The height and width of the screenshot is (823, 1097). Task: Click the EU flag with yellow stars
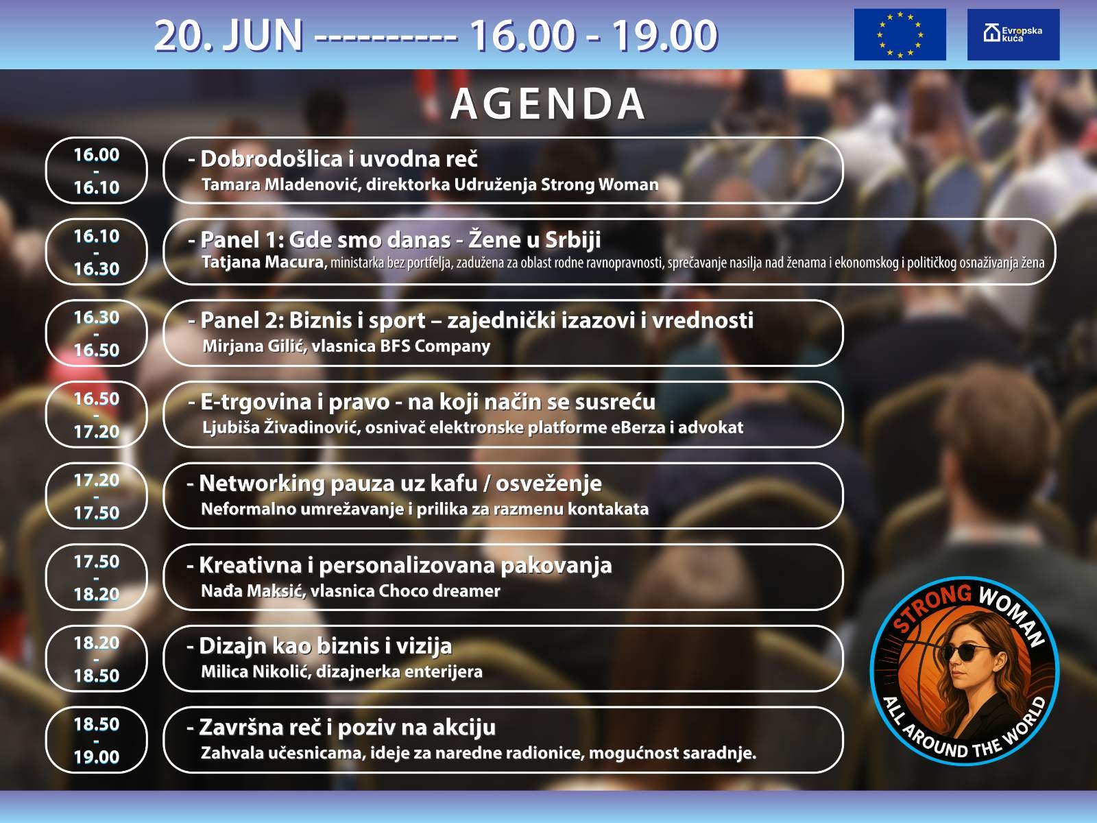pyautogui.click(x=900, y=34)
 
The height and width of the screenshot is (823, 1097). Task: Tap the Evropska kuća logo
pyautogui.click(x=1013, y=34)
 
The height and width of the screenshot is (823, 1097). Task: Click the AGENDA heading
pyautogui.click(x=548, y=104)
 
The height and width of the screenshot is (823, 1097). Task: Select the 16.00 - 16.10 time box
pyautogui.click(x=97, y=170)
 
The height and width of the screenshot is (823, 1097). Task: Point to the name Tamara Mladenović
pyautogui.click(x=281, y=185)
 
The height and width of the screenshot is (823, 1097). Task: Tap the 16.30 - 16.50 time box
pyautogui.click(x=97, y=333)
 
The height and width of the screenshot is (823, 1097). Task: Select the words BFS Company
pyautogui.click(x=435, y=346)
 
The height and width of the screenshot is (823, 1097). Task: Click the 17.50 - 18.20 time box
pyautogui.click(x=97, y=577)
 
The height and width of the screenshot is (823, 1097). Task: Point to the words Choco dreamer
pyautogui.click(x=439, y=591)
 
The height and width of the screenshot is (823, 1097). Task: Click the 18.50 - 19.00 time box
pyautogui.click(x=97, y=740)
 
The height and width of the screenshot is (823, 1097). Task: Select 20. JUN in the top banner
pyautogui.click(x=228, y=36)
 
